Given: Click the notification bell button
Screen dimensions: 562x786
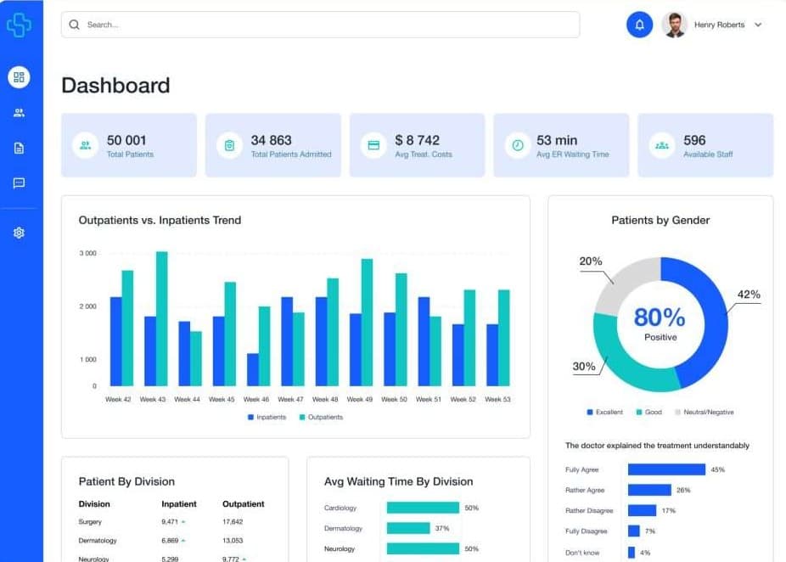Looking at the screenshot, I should [639, 25].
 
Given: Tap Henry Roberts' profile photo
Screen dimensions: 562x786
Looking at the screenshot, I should [674, 25].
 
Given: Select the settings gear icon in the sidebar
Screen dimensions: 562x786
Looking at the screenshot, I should [19, 233].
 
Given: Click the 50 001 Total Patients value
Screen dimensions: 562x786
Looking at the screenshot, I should [126, 140].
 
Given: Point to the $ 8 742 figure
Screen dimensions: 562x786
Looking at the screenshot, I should [417, 140].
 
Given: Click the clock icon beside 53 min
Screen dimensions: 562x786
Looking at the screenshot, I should [517, 145].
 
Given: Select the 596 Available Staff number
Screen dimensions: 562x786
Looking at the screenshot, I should [694, 140].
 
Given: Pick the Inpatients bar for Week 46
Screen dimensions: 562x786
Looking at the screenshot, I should [253, 369].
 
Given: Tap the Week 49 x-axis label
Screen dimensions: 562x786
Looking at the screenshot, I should [360, 399].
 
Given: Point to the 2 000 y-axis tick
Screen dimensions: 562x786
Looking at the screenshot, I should [87, 306].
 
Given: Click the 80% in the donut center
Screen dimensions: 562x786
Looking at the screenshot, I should [660, 318].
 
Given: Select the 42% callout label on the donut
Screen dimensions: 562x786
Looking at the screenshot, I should [748, 295].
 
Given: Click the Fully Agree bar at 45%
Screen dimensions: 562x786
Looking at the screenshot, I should [666, 469].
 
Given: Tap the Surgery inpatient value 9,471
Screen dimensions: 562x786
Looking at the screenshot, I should [170, 522].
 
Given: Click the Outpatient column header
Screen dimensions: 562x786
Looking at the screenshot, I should [243, 503].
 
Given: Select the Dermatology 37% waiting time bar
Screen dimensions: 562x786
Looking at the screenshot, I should [407, 528].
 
